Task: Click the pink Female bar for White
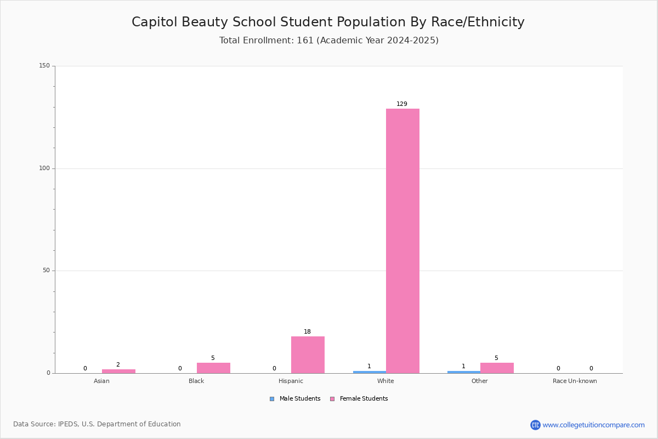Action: [x=402, y=241]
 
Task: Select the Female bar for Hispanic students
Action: [x=308, y=354]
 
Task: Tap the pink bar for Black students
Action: [x=213, y=368]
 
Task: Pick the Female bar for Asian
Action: [x=118, y=371]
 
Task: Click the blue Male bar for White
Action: [x=370, y=372]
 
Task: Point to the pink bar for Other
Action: [x=497, y=368]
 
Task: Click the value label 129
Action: [x=401, y=104]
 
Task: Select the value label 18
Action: [x=307, y=331]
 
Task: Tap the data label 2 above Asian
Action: [x=118, y=364]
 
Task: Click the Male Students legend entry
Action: [x=295, y=398]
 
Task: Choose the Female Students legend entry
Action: [x=359, y=398]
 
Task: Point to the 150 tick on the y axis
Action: [x=44, y=65]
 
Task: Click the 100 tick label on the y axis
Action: [x=44, y=168]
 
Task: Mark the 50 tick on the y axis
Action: [x=46, y=270]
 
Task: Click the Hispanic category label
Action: [x=291, y=381]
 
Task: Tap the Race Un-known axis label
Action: [x=575, y=381]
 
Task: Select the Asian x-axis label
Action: [x=101, y=381]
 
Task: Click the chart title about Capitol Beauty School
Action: [x=328, y=22]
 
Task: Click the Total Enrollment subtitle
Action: [x=328, y=40]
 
